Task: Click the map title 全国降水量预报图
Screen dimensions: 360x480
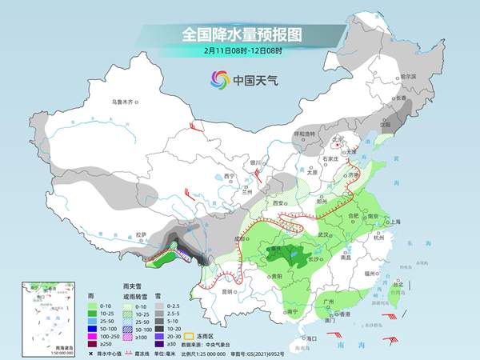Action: (240, 35)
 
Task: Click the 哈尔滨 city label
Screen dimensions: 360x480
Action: (408, 76)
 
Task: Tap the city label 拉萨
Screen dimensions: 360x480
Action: (141, 234)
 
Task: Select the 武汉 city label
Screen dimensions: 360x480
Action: (324, 234)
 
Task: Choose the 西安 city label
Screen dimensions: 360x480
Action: (278, 204)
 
